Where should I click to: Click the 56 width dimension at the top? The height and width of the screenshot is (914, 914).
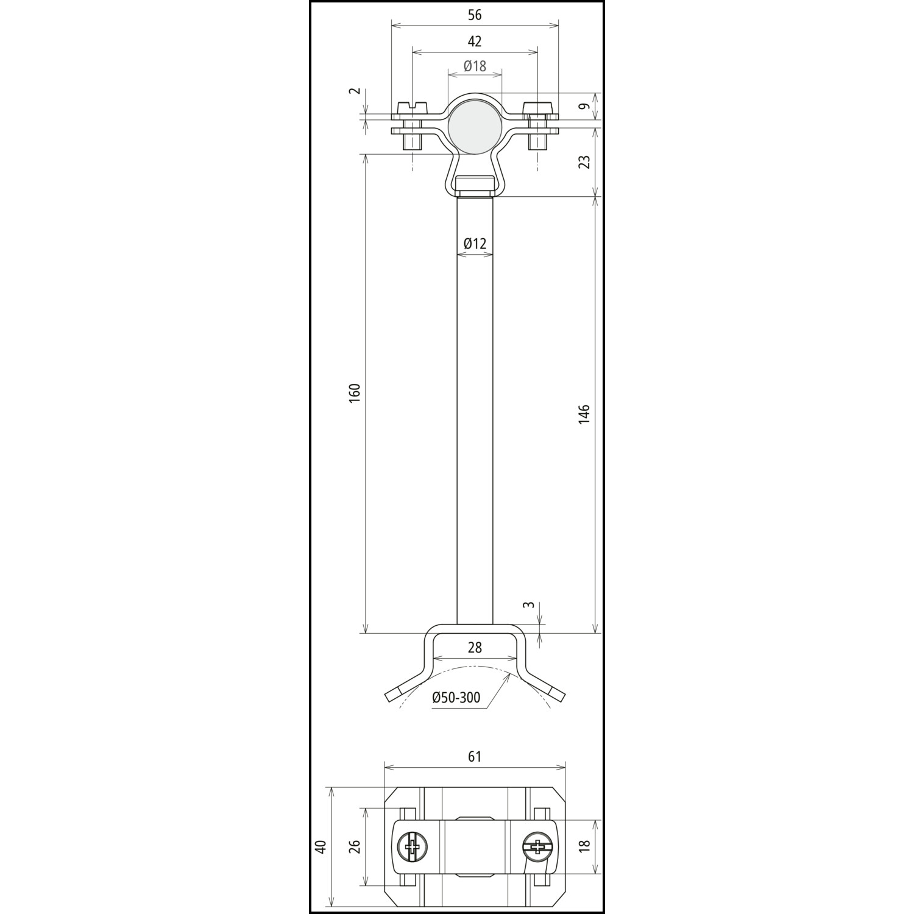475,15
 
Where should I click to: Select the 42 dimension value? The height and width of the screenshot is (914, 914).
475,41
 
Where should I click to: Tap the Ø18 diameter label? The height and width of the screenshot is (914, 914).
475,66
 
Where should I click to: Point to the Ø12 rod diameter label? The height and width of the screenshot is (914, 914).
475,244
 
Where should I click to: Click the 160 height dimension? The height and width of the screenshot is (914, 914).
356,392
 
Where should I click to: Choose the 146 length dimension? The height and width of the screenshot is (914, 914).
584,414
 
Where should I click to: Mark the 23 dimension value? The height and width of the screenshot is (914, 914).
584,161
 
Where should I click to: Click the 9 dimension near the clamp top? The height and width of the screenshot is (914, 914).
584,107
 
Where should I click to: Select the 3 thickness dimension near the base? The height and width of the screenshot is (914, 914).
530,605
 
